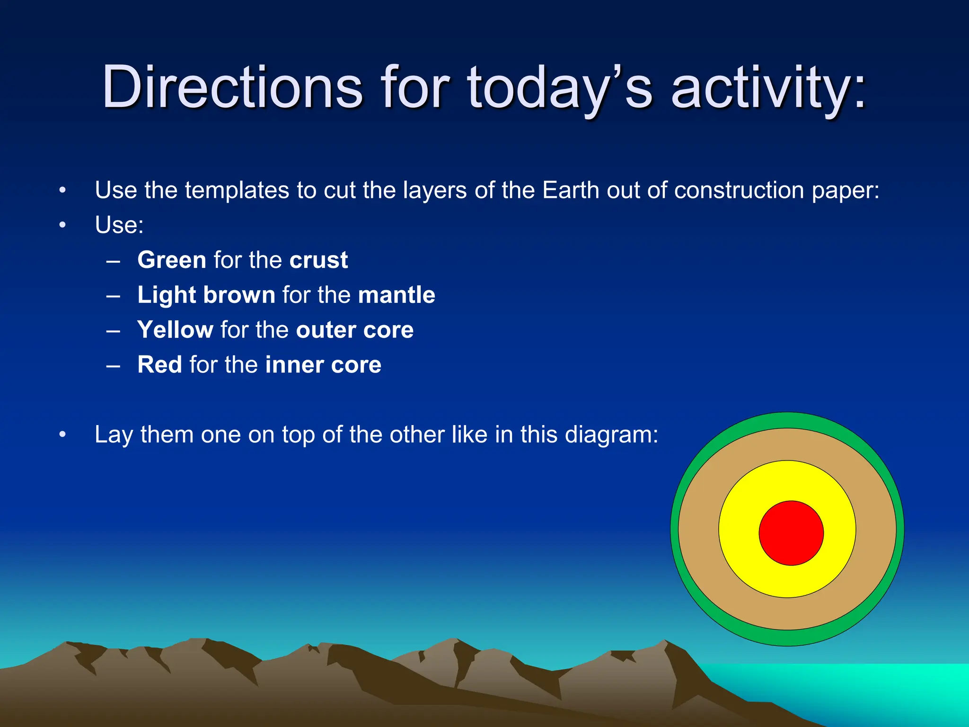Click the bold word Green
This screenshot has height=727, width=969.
(x=172, y=260)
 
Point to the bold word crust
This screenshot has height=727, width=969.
(x=318, y=260)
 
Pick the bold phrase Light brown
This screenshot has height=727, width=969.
(x=206, y=295)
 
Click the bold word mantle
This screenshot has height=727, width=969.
(x=396, y=295)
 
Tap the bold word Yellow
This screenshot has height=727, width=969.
(x=175, y=330)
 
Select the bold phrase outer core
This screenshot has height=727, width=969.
(x=355, y=330)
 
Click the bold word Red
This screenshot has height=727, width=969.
(x=159, y=365)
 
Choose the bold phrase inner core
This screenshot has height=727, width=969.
(x=323, y=365)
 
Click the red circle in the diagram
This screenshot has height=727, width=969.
(x=791, y=533)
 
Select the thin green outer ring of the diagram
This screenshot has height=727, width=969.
(x=675, y=529)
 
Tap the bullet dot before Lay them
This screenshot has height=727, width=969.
(x=62, y=434)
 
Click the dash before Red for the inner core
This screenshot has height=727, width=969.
(x=113, y=365)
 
